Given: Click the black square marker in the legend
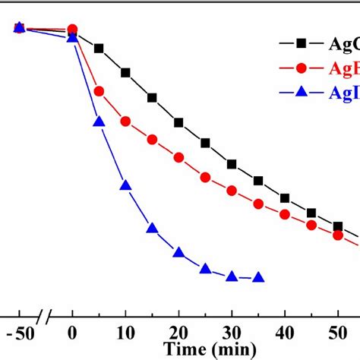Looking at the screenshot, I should click(300, 44).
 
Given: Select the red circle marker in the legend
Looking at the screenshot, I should click(300, 68).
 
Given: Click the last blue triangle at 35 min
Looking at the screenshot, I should click(258, 277).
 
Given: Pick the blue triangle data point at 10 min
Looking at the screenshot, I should click(125, 185).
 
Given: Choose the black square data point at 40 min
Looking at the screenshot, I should click(285, 198).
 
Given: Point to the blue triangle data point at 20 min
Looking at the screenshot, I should click(178, 253).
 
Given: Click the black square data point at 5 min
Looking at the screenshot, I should click(99, 49).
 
